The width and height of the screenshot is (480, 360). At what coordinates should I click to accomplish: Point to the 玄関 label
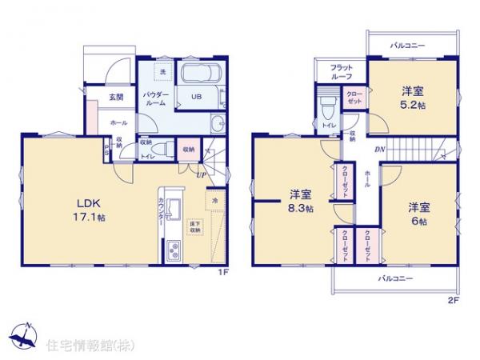click(116, 98)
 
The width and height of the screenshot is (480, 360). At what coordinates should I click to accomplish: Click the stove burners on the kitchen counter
click(174, 254)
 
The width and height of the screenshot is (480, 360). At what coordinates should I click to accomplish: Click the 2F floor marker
click(453, 300)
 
